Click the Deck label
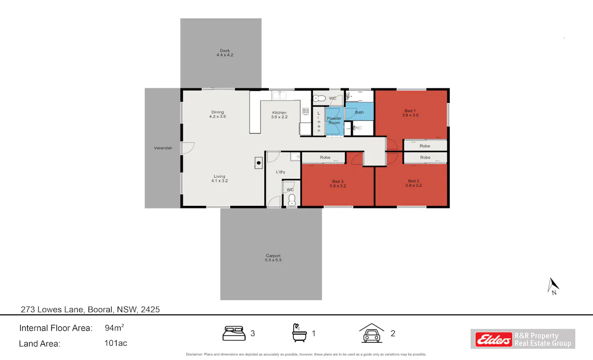pos(225,53)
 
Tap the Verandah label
pos(163,148)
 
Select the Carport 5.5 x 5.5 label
pos(273,258)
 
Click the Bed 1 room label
pos(410,113)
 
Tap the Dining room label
pos(217,114)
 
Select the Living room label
pos(219,179)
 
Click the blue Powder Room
pos(335,121)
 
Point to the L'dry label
pos(281,172)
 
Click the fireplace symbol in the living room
pos(258,162)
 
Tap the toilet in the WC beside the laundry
pos(292,200)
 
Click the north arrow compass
pos(553,286)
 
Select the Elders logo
pos(494,339)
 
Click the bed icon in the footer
pos(234,333)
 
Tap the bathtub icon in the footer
pos(299,333)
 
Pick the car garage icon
pos(372,333)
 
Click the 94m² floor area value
pos(114,328)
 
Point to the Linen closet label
pos(319,121)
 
